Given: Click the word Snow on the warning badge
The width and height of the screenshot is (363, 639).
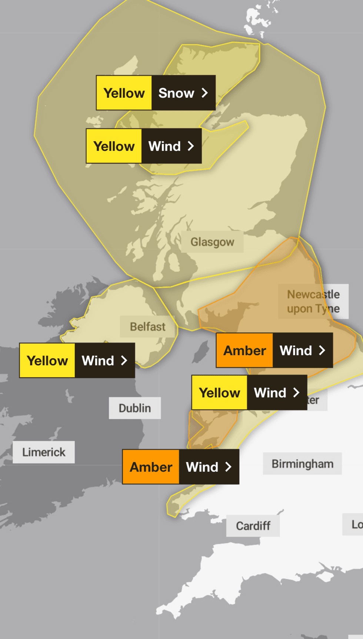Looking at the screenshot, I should (x=176, y=93).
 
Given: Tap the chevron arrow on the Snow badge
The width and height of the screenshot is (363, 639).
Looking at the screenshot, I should (x=205, y=93).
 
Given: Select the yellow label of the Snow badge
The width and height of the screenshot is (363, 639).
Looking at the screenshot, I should (x=124, y=93).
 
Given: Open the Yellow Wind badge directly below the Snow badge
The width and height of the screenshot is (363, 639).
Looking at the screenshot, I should (x=144, y=146).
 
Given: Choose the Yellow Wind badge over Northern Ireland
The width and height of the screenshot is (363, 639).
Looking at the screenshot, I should (x=77, y=360).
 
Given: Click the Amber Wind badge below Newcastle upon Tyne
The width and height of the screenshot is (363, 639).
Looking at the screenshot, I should (x=274, y=350).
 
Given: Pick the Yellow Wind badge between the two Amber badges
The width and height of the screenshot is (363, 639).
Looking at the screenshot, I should (x=249, y=392).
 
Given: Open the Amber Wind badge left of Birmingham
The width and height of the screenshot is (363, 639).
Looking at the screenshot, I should (x=181, y=467).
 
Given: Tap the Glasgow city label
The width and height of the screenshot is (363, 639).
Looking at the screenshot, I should (x=212, y=242).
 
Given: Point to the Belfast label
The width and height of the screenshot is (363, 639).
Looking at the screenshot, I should (x=147, y=327).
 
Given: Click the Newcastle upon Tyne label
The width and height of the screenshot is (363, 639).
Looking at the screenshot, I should (x=313, y=301).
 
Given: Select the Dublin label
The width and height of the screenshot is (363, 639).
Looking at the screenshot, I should (x=135, y=408).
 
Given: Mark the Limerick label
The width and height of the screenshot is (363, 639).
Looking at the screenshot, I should (x=44, y=452).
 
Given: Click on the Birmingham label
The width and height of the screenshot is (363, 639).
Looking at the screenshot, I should (x=302, y=463).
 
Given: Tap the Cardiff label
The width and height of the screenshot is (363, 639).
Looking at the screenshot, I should (x=253, y=525).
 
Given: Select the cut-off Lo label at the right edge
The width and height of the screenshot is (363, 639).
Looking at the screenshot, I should (x=356, y=524).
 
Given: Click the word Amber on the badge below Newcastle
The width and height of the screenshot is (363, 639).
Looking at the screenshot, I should (x=244, y=350).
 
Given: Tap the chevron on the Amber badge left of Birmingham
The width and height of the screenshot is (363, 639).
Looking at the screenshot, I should (x=229, y=467).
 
